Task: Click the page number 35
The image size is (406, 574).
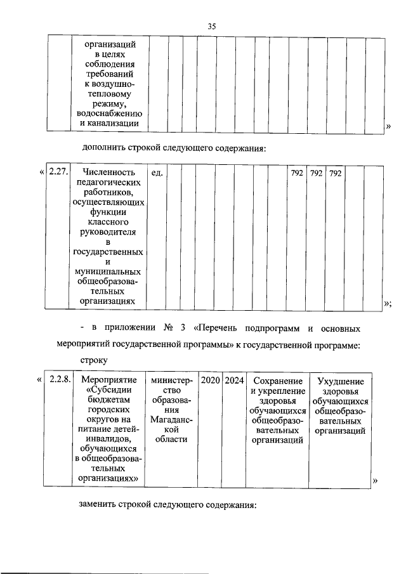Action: pos(212,25)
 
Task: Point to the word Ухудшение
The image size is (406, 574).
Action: pos(340,382)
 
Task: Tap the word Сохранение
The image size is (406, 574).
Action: pos(277,381)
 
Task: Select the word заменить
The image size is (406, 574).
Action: pos(98,506)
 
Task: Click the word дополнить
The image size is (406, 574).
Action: pos(103,149)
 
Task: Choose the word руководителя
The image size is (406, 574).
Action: pos(107,233)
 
